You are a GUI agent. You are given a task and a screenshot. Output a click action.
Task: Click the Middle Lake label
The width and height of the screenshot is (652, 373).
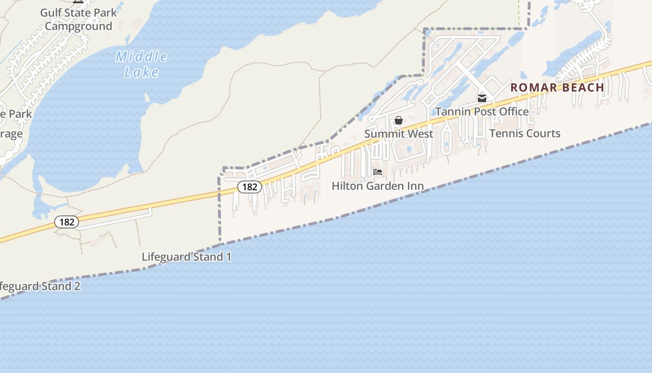coord(142,64)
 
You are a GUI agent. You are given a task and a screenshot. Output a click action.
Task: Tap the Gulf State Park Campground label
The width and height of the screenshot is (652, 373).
coord(78,19)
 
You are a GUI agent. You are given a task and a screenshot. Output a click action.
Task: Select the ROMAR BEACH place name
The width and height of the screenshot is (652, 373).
coord(557,87)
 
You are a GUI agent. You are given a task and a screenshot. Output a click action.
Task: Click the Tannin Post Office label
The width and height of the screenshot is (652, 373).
coord(482,111)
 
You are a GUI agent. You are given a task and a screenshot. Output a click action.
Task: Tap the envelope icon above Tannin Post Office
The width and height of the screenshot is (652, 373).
coord(482,98)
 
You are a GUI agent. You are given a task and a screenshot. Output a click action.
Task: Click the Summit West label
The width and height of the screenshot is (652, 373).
coord(399,134)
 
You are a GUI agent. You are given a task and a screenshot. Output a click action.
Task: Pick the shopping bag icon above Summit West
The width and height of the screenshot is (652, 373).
coord(399,121)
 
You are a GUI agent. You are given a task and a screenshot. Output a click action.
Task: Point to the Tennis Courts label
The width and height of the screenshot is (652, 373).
coord(524,133)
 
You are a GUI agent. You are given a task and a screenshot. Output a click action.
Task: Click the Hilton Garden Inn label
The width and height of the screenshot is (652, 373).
coord(377,186)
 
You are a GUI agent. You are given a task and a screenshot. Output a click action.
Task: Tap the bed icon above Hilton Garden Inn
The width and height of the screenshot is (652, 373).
coord(378,172)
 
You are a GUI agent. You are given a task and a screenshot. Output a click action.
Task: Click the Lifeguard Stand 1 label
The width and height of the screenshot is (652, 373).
coord(186,257)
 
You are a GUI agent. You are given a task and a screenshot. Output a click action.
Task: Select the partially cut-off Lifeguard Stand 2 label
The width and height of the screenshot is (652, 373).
coord(40,286)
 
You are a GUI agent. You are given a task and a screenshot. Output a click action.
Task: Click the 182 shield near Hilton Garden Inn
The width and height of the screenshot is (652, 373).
coord(250,187)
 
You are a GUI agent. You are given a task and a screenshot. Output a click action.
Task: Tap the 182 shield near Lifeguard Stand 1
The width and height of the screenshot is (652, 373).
coord(67,222)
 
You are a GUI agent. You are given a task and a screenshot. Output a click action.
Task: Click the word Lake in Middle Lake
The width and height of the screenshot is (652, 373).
coord(142,72)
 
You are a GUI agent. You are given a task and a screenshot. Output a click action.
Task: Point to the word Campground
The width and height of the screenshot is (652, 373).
coord(78,26)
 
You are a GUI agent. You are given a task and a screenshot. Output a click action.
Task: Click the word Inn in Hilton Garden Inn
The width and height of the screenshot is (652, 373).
coord(415,186)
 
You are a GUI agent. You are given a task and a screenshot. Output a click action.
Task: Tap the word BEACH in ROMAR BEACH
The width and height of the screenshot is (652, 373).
coord(583,87)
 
